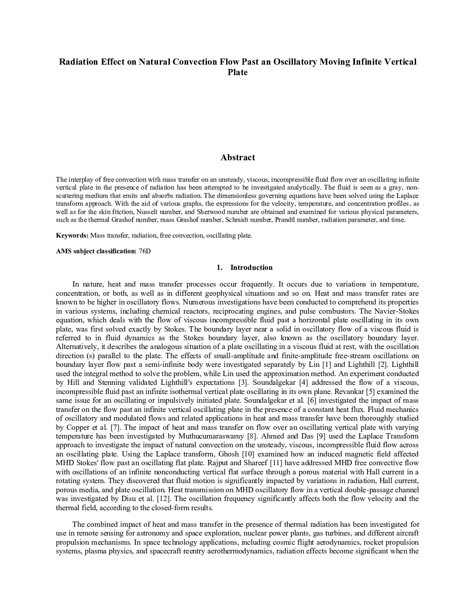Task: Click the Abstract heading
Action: [237, 158]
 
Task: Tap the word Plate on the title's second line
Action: [237, 72]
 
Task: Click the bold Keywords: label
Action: [72, 235]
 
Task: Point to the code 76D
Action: [145, 251]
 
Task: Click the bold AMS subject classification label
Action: [96, 251]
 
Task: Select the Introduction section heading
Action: [251, 267]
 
